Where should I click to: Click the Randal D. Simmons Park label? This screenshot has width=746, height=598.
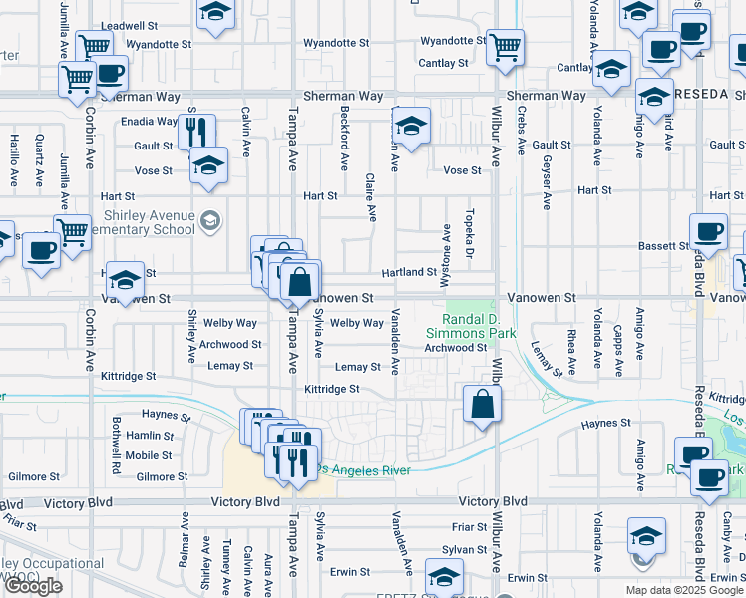point(471,325)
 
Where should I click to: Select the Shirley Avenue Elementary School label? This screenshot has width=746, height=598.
point(148,222)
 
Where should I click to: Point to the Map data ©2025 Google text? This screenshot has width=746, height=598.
point(683,590)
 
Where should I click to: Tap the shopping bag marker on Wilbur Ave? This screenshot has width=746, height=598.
point(482,405)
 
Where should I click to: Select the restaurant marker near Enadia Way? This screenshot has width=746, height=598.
point(196,132)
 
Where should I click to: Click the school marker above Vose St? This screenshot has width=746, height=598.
point(208,165)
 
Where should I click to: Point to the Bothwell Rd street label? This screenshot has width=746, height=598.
point(117,445)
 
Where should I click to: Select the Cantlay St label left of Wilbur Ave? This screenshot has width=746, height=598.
point(443,63)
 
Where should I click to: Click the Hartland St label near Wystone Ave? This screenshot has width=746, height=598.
point(409,272)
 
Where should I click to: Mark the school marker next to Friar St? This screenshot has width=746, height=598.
point(645,535)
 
